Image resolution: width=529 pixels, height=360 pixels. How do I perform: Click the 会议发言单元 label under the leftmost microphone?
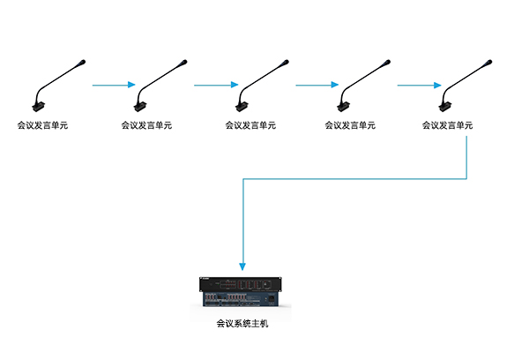click(x=42, y=126)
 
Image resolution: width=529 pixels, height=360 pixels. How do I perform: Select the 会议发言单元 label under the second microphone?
click(x=145, y=126)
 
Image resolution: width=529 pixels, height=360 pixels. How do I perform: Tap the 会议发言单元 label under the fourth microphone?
click(x=349, y=126)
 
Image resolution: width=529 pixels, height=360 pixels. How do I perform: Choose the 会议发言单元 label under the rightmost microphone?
click(x=447, y=126)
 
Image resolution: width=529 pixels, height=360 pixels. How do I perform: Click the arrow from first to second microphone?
click(x=113, y=86)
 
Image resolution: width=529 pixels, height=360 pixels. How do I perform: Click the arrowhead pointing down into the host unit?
click(x=242, y=266)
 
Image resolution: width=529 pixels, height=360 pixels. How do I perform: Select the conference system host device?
click(x=241, y=293)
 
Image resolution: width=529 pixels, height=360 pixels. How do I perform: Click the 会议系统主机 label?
click(x=241, y=324)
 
